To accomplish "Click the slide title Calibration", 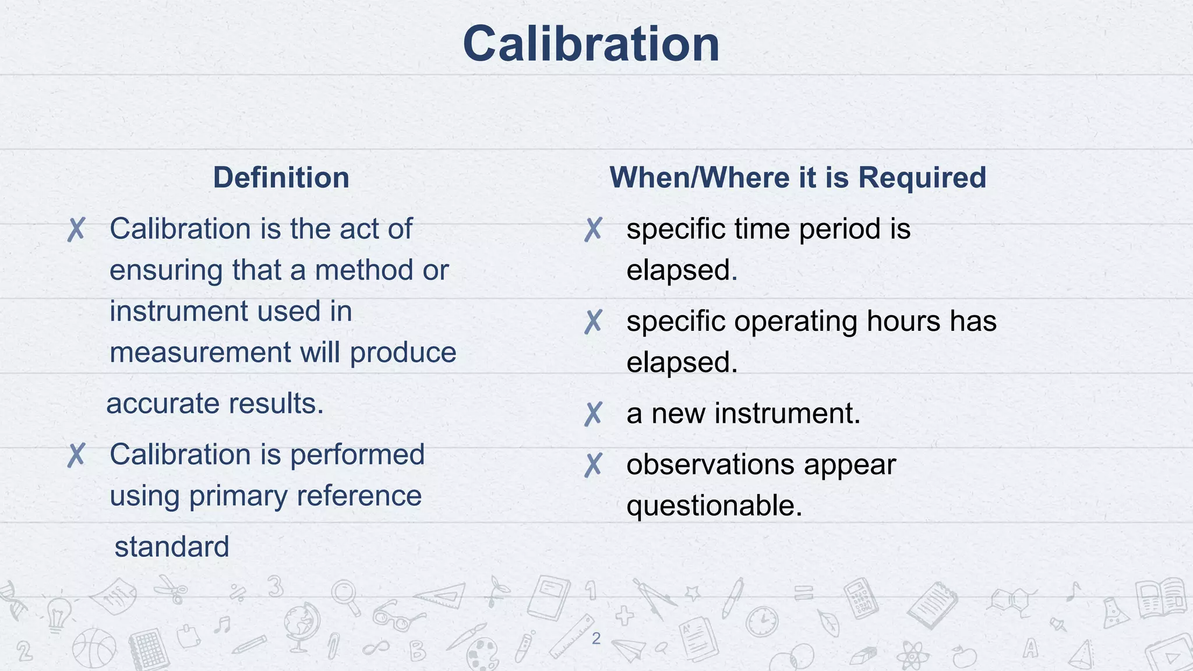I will pyautogui.click(x=591, y=44).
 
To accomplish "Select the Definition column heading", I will pyautogui.click(x=281, y=178).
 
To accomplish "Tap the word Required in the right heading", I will pyautogui.click(x=922, y=178).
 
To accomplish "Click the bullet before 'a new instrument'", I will pyautogui.click(x=593, y=414).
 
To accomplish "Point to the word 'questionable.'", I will pyautogui.click(x=714, y=506).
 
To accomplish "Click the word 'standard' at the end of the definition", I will pyautogui.click(x=172, y=547).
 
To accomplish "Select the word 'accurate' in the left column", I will pyautogui.click(x=158, y=404).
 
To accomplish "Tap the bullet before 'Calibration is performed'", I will pyautogui.click(x=76, y=455).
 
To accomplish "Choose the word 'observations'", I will pyautogui.click(x=710, y=465).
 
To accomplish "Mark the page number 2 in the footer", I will pyautogui.click(x=596, y=638).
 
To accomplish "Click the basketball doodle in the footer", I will pyautogui.click(x=94, y=648).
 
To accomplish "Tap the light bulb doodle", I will pyautogui.click(x=58, y=613).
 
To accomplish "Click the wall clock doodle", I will pyautogui.click(x=762, y=621).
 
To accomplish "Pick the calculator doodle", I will pyautogui.click(x=860, y=597).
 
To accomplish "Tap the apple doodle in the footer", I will pyautogui.click(x=964, y=656).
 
